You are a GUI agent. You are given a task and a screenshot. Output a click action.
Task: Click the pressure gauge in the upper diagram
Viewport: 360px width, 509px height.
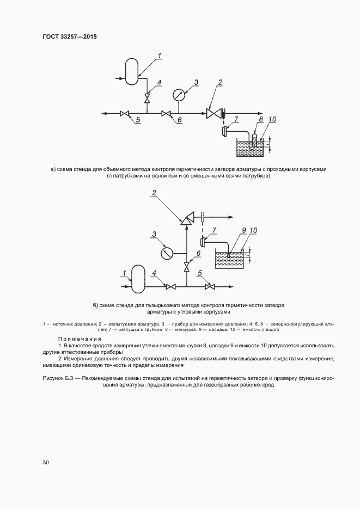pos(179,95)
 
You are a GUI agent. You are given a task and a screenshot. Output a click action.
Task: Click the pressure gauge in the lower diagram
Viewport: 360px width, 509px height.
pos(168,253)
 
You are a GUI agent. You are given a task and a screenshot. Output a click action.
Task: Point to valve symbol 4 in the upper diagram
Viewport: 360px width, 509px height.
pos(147,99)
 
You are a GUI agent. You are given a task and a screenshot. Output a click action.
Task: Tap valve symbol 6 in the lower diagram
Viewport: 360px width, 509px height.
pos(187,267)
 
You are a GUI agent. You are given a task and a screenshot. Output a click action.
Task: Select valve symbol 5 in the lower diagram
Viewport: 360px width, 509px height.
pos(209,286)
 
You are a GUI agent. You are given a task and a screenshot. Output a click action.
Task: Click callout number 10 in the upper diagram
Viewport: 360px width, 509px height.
pos(272,120)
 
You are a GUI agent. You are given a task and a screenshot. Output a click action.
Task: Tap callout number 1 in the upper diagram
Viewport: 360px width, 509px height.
pos(160,55)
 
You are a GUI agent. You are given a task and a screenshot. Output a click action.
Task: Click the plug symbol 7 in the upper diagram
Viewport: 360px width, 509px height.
pos(225,131)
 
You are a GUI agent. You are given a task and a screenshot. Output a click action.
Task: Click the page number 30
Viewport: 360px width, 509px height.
pos(45,462)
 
